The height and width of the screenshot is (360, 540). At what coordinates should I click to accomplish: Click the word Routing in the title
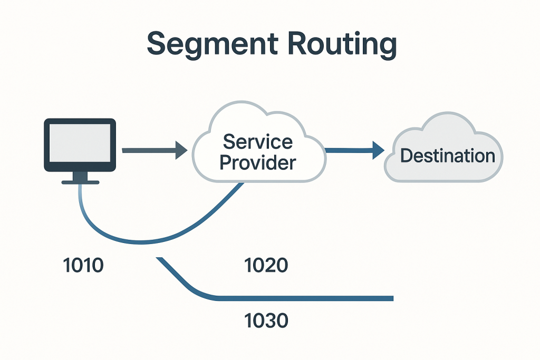point(338,45)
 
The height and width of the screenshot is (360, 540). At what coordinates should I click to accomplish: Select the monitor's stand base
point(80,182)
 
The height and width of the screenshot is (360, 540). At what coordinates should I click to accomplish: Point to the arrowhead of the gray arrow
point(181,151)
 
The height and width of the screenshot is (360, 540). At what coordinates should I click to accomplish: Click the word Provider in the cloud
point(257,162)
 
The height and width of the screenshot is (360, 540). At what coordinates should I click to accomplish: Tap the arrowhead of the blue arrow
point(378,151)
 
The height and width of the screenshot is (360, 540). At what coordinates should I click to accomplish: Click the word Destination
point(448,156)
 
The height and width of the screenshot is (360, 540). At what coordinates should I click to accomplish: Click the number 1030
point(267,320)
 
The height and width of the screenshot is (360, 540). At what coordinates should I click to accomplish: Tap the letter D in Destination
point(407,156)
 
